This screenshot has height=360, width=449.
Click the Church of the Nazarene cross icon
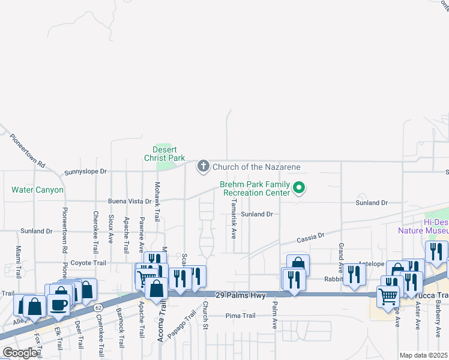203,166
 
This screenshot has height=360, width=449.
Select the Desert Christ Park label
164,154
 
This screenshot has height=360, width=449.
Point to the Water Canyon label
37,190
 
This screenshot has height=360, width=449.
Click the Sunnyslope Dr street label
85,171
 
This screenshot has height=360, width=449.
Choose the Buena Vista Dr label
129,202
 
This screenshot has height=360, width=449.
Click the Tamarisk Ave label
234,218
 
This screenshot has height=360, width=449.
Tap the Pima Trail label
241,316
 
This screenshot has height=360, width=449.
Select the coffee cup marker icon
59,304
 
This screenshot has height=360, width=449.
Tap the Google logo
20,352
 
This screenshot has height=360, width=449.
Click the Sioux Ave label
110,229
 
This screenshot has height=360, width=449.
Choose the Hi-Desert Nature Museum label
424,226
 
